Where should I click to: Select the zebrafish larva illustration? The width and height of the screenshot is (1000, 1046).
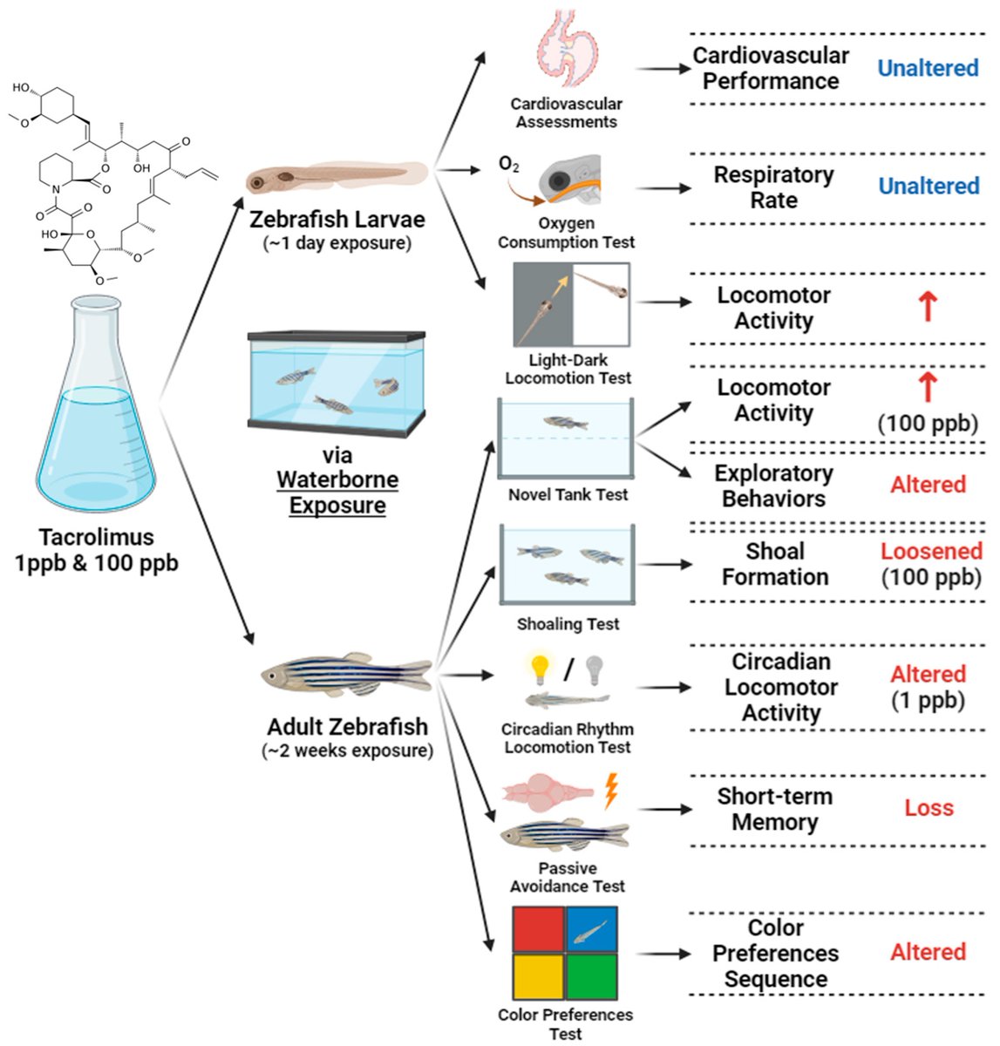(x=336, y=178)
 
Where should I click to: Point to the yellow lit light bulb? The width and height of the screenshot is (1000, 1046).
(x=541, y=669)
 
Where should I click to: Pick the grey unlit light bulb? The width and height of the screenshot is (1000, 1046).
(x=595, y=669)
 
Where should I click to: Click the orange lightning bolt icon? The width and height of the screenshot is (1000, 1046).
(x=611, y=791)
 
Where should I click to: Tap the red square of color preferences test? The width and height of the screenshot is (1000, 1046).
(x=538, y=929)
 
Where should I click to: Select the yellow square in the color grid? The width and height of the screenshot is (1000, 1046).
(x=538, y=976)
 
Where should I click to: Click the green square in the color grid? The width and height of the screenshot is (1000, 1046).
(x=592, y=976)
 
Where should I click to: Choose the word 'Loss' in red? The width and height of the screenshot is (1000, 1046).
(x=929, y=808)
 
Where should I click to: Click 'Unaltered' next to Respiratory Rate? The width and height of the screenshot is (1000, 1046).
(x=929, y=186)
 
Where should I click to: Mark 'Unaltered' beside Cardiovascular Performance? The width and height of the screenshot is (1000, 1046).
(x=928, y=68)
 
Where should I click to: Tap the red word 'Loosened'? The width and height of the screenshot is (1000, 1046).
(x=930, y=551)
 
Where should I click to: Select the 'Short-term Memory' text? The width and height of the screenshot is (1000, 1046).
(x=774, y=809)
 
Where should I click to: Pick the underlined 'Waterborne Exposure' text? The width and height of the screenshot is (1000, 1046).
(x=337, y=492)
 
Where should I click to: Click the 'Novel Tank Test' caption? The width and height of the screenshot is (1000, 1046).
(x=568, y=494)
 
